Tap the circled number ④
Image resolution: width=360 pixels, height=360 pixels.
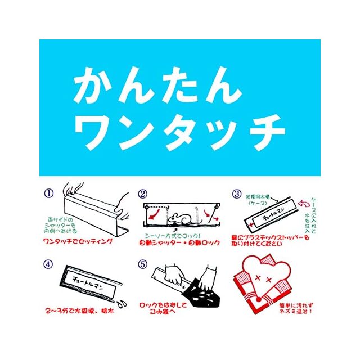coord(49,262)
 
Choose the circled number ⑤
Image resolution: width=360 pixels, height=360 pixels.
coord(142,262)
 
